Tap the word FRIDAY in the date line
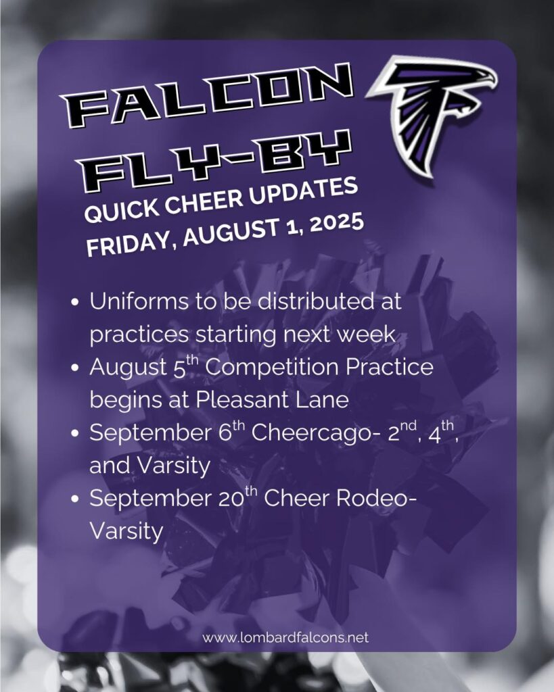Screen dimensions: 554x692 pyautogui.click(x=129, y=244)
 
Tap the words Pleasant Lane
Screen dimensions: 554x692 pyautogui.click(x=273, y=400)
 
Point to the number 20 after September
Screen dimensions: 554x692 pyautogui.click(x=233, y=499)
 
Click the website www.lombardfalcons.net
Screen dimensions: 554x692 pyautogui.click(x=285, y=638)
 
